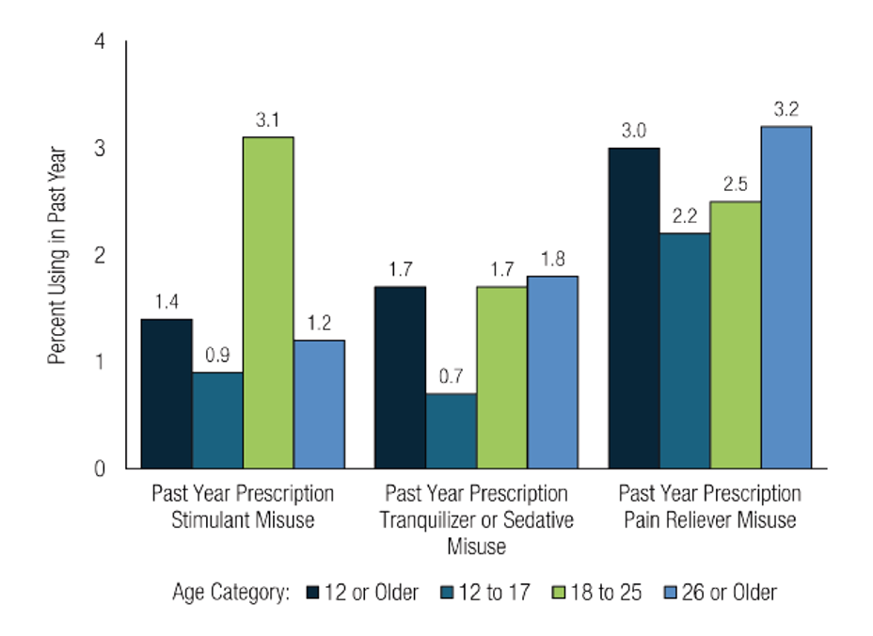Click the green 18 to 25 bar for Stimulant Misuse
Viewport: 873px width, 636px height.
coord(268,302)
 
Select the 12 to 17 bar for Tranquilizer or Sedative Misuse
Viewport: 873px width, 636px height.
coord(451,430)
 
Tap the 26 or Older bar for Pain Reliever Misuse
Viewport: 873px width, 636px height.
coord(786,296)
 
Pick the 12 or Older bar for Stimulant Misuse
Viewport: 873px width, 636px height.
coord(167,393)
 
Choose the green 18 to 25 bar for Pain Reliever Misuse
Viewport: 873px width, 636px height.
coord(735,334)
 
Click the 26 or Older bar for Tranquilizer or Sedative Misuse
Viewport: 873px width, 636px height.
coord(552,372)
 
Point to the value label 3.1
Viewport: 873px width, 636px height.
coord(268,120)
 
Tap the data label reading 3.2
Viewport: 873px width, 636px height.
coord(786,109)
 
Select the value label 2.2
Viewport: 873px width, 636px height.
coord(684,216)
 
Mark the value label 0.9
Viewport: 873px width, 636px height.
coord(217,356)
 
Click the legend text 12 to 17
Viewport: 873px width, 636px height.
coord(493,593)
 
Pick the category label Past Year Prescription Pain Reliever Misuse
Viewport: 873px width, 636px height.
coord(710,506)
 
